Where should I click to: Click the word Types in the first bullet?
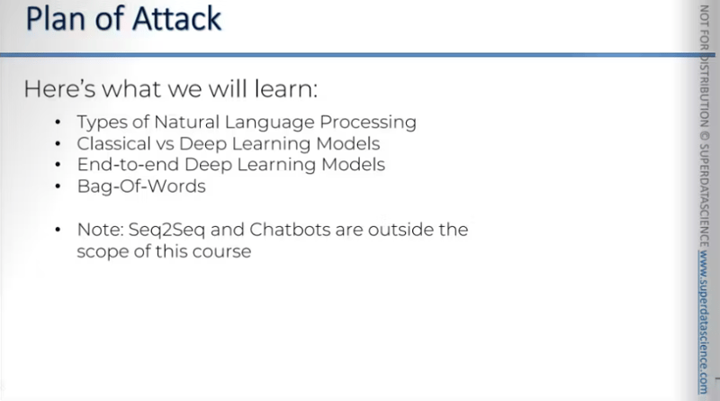tap(98, 122)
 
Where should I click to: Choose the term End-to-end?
tap(120, 165)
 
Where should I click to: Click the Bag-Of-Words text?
tap(129, 187)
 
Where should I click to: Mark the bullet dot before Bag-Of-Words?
tap(58, 187)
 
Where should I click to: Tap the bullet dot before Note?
tap(58, 231)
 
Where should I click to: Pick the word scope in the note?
tap(101, 251)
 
